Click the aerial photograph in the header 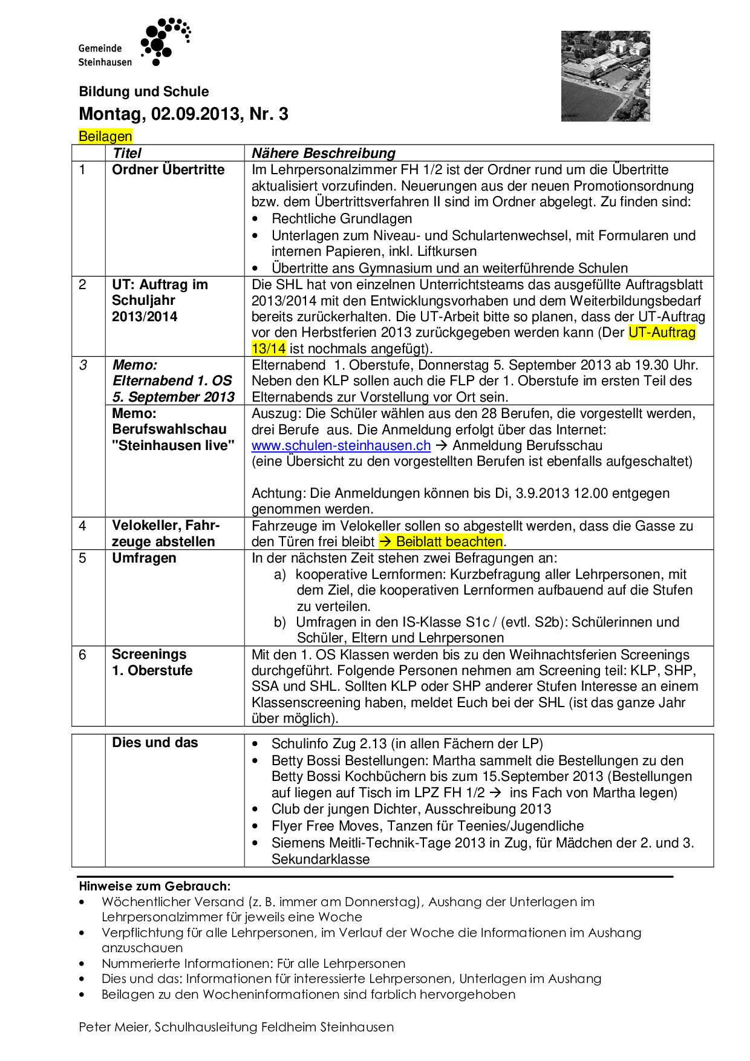[x=605, y=76]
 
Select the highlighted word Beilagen [x=105, y=137]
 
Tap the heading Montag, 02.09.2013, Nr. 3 [x=183, y=114]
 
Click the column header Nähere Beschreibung [x=323, y=153]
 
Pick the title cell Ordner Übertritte [x=168, y=170]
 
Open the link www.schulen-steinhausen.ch [x=341, y=446]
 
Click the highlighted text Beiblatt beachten [x=449, y=542]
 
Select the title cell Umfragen [x=144, y=558]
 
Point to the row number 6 [x=83, y=655]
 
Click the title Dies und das [x=155, y=743]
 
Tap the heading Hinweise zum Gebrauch [x=154, y=886]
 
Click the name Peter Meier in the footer [x=114, y=1027]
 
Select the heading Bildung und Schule [x=144, y=92]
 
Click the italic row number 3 [x=83, y=365]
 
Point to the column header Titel [x=127, y=153]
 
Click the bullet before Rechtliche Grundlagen [x=256, y=220]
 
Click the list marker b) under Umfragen [x=279, y=622]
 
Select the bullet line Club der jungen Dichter [x=411, y=809]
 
